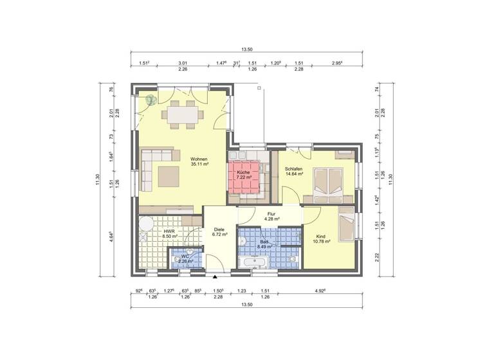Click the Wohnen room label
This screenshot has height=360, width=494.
click(198, 158)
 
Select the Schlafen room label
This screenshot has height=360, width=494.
click(293, 168)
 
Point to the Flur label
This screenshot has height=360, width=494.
click(271, 215)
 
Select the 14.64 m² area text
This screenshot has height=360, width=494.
click(294, 174)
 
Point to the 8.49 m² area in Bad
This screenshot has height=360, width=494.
click(265, 246)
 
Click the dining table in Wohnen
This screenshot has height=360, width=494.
click(182, 114)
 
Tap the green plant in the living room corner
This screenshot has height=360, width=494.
click(151, 100)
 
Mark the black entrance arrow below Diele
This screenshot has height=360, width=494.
click(215, 276)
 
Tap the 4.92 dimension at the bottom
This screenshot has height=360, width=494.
click(320, 291)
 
